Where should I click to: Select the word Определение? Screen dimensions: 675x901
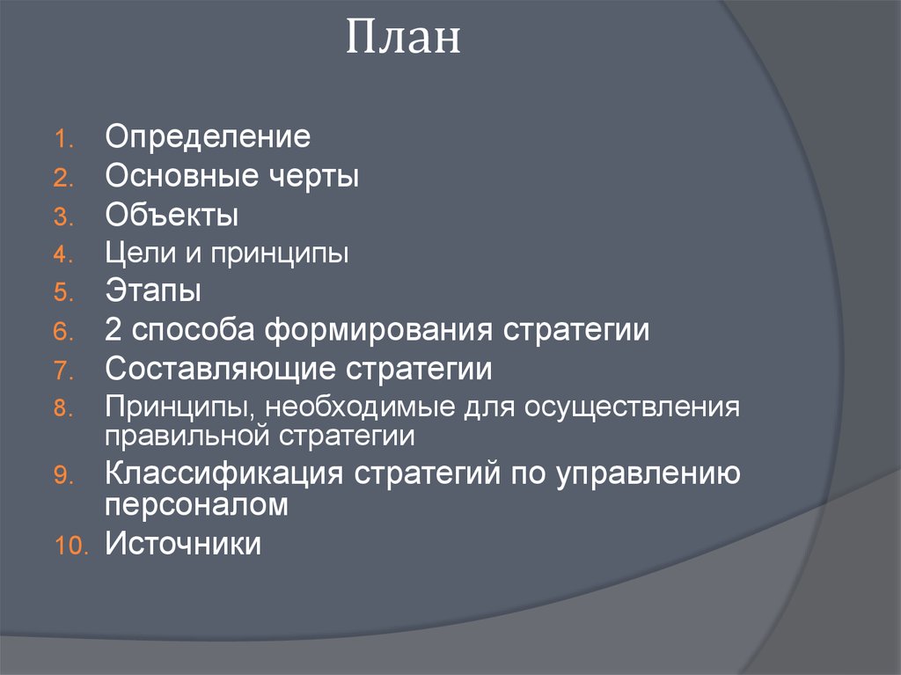208,137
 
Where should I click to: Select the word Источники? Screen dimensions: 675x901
183,543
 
